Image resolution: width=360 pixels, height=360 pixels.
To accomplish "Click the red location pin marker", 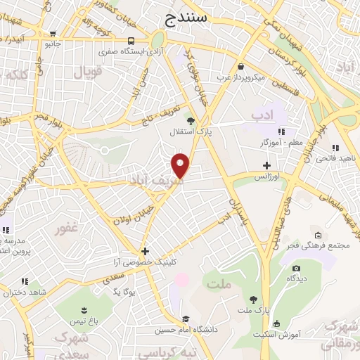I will coord(181,165).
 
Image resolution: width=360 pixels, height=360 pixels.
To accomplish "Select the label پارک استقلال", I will coord(186,131).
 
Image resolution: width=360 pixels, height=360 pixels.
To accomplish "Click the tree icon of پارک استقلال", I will coord(190,120).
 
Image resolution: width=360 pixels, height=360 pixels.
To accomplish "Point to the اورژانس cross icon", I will coord(266,165).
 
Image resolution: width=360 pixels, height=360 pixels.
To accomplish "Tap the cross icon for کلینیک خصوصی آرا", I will coord(145,250).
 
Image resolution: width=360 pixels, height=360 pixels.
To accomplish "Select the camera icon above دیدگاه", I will coord(296,268).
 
